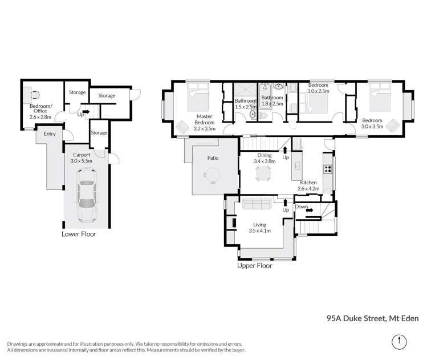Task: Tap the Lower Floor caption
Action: pyautogui.click(x=79, y=234)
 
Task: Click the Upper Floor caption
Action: pyautogui.click(x=255, y=265)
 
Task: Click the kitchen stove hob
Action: pyautogui.click(x=327, y=168)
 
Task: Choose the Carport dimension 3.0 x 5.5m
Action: pyautogui.click(x=80, y=161)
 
